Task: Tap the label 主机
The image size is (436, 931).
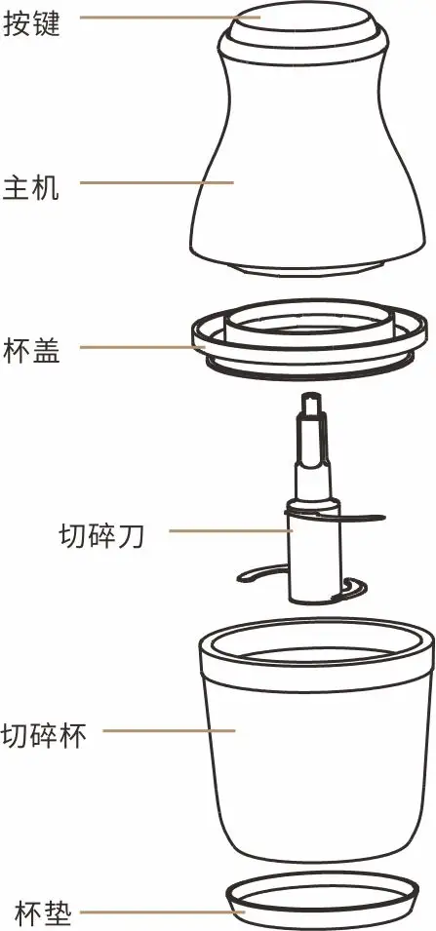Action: (x=31, y=186)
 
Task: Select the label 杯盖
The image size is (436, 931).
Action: (x=31, y=350)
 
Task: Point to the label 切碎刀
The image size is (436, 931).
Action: (x=101, y=536)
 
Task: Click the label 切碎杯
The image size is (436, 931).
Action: (x=44, y=735)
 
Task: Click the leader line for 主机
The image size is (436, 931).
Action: (x=157, y=183)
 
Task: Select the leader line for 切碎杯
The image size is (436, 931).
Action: (x=170, y=730)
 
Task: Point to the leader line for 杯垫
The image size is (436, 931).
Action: (x=162, y=912)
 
